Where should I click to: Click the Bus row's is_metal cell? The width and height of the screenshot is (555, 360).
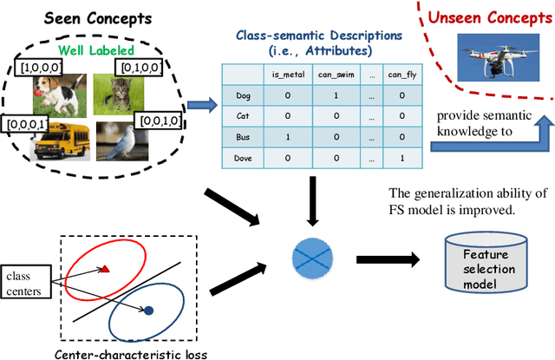pos(291,137)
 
